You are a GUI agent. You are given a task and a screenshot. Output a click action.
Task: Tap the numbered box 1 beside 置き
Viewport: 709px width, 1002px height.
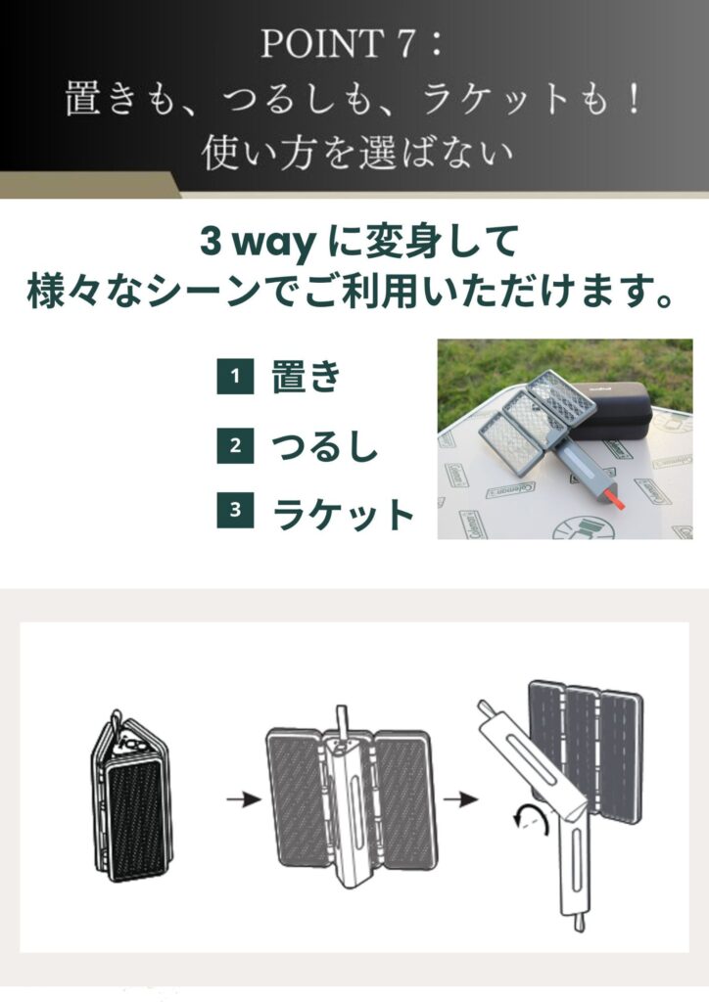(x=235, y=376)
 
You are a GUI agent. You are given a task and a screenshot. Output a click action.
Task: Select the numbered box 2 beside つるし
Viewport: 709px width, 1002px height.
(x=235, y=445)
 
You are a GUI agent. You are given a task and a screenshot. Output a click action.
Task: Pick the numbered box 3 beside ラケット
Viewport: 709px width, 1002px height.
(x=235, y=509)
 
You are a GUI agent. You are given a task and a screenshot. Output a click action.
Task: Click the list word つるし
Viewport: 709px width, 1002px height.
(x=325, y=446)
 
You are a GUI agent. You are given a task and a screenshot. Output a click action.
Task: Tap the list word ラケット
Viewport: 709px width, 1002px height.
(x=344, y=514)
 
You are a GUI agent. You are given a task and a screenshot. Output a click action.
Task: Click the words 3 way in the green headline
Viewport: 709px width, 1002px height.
(x=257, y=243)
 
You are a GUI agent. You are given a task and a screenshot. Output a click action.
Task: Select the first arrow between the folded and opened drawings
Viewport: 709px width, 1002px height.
(x=244, y=798)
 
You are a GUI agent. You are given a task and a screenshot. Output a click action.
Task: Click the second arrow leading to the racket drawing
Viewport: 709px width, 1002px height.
(x=460, y=798)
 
